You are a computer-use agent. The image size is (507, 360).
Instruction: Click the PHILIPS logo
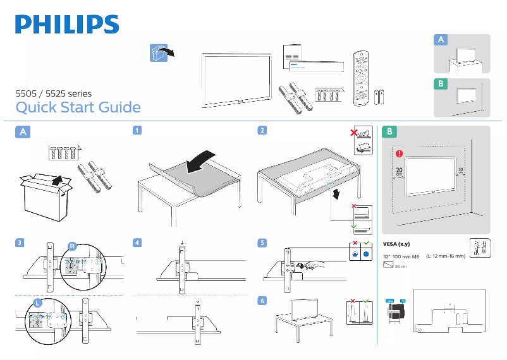pyautogui.click(x=67, y=25)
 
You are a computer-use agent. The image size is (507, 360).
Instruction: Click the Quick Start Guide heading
pyautogui.click(x=78, y=107)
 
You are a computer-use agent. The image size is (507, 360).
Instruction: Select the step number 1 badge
pyautogui.click(x=137, y=131)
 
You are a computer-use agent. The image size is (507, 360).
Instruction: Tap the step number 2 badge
pyautogui.click(x=262, y=131)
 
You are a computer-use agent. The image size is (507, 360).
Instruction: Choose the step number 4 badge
pyautogui.click(x=137, y=243)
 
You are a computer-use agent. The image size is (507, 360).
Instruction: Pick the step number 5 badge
pyautogui.click(x=262, y=243)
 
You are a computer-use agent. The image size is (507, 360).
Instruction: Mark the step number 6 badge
pyautogui.click(x=262, y=301)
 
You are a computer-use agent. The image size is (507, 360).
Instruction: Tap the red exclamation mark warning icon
pyautogui.click(x=399, y=153)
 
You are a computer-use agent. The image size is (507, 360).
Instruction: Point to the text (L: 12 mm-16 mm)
pyautogui.click(x=446, y=256)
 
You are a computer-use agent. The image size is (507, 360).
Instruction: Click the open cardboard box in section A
pyautogui.click(x=44, y=196)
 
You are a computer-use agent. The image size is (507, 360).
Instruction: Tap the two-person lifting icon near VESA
pyautogui.click(x=479, y=248)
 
